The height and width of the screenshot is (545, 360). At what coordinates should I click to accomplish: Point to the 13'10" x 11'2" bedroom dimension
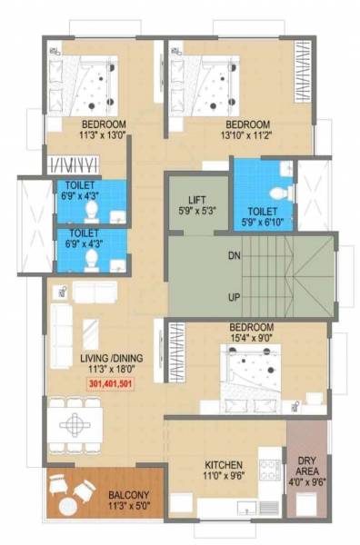tap(247, 134)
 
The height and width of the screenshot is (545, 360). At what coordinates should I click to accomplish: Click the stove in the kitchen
tap(269, 470)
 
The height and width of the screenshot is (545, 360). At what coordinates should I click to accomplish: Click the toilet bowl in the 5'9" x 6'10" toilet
tap(281, 193)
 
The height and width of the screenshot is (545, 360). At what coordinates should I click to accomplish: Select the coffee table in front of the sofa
tap(92, 331)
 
